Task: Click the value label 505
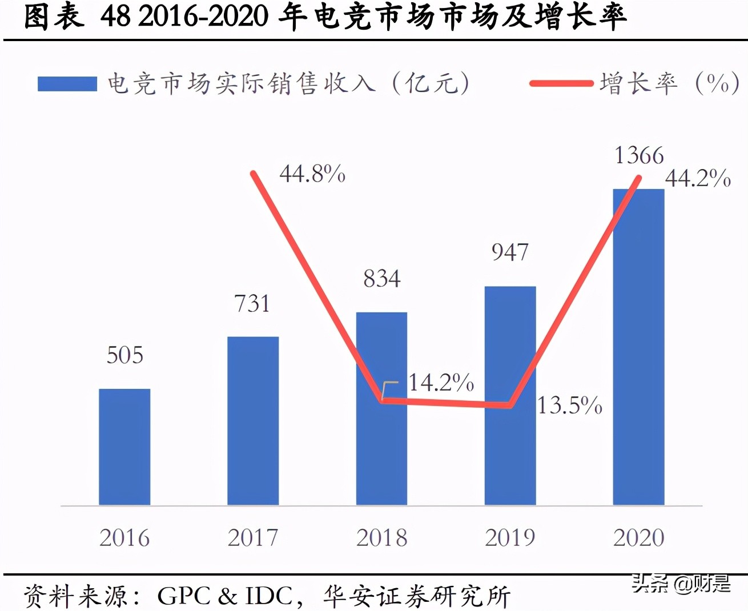click(x=125, y=355)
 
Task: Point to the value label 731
click(x=252, y=303)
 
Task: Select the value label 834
click(x=382, y=279)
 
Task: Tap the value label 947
click(x=510, y=252)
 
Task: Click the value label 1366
click(x=639, y=155)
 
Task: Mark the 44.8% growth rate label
click(x=312, y=174)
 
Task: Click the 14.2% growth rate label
click(x=441, y=383)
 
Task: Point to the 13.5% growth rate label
click(x=570, y=405)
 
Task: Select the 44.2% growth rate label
click(x=698, y=179)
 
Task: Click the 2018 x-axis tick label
click(x=381, y=537)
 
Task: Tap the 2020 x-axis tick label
click(x=639, y=537)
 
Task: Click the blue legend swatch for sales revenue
click(x=67, y=84)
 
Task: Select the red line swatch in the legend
click(x=561, y=84)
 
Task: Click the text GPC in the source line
click(x=184, y=596)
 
